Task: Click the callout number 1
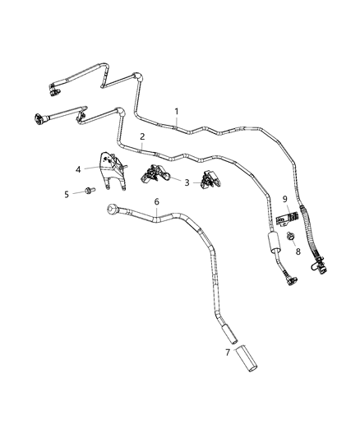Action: point(175,110)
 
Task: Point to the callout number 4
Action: point(78,170)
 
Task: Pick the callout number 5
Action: point(67,194)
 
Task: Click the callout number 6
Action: point(156,202)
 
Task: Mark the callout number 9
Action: point(284,200)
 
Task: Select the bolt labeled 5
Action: point(88,191)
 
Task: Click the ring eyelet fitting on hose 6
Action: point(112,211)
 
